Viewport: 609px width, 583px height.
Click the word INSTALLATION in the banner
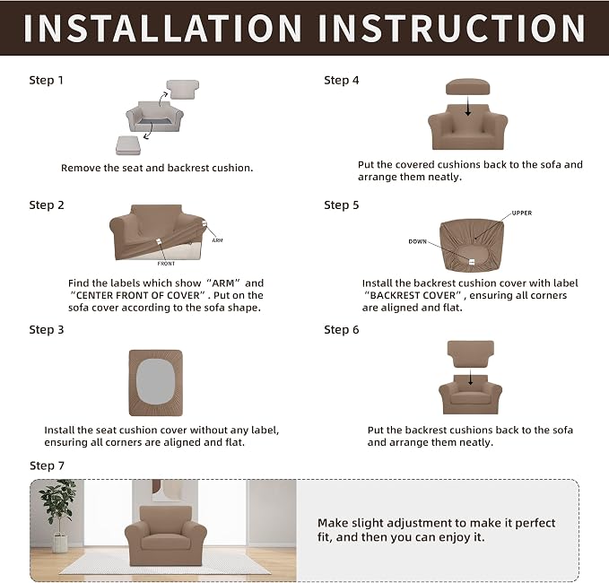click(162, 29)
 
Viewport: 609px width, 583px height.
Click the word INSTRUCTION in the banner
click(452, 29)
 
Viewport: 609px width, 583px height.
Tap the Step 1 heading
click(46, 81)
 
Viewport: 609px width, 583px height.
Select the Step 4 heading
click(342, 81)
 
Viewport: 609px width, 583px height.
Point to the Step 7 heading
click(47, 466)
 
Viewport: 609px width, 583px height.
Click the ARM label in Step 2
click(217, 240)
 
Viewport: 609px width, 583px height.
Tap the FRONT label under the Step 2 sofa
click(166, 264)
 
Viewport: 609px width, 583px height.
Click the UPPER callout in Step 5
click(522, 213)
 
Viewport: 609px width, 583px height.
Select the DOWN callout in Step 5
click(418, 241)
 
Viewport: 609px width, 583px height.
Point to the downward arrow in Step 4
click(468, 106)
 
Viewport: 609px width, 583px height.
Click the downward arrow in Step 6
click(471, 377)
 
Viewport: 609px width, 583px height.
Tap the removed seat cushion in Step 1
click(128, 145)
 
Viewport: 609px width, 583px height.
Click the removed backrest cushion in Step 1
click(183, 90)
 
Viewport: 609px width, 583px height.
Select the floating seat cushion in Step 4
click(467, 87)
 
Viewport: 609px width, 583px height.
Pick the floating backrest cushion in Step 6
click(471, 354)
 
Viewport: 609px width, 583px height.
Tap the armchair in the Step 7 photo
click(166, 535)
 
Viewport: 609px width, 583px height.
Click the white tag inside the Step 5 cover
click(472, 262)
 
